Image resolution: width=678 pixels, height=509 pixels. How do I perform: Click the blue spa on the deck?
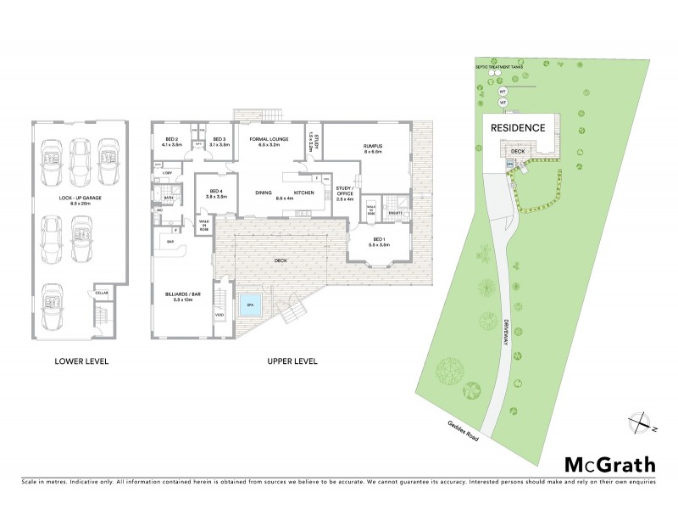248,308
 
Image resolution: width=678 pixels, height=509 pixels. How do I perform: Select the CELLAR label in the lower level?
102,292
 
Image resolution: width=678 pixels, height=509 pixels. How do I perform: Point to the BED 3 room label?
219,142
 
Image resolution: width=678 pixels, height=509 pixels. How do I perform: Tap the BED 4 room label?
215,193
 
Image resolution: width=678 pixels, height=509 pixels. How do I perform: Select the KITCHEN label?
304,193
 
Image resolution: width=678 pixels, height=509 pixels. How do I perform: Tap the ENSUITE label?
395,212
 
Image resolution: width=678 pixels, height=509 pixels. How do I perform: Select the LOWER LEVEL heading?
81,361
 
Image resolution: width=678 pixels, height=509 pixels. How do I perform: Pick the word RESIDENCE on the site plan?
518,127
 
